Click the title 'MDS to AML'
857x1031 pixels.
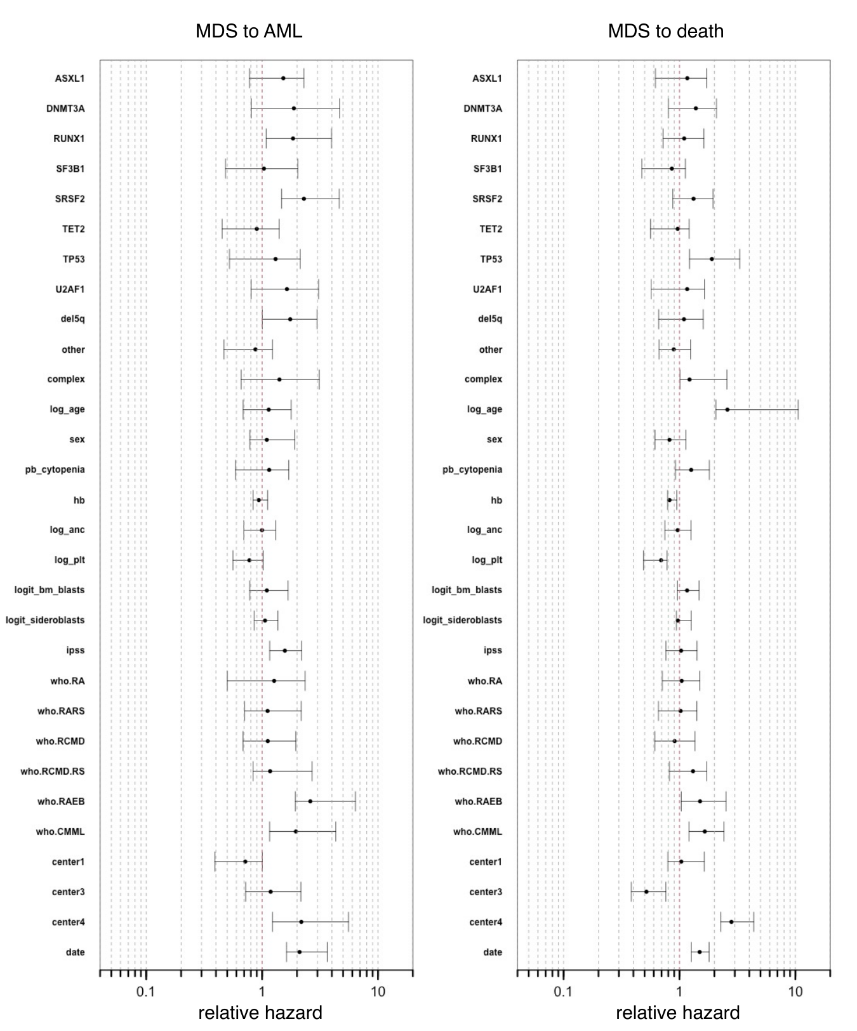[248, 31]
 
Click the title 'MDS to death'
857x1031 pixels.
[665, 31]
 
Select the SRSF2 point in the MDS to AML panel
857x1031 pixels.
[304, 199]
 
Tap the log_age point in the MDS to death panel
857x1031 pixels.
[727, 409]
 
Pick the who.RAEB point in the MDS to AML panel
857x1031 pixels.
[310, 801]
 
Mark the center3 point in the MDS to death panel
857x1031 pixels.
[646, 891]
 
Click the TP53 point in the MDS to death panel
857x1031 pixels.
[712, 259]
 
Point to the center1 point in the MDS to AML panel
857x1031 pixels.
[245, 862]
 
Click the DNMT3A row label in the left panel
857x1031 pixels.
[65, 108]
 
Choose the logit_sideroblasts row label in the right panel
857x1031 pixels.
[462, 620]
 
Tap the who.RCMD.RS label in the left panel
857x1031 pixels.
[53, 772]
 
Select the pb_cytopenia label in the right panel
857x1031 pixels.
[472, 470]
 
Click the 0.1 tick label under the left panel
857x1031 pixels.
[145, 992]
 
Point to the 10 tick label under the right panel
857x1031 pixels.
[795, 992]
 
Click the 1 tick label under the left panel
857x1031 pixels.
[262, 992]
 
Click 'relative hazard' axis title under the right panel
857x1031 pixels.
[677, 1013]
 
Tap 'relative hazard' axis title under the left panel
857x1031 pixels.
[260, 1013]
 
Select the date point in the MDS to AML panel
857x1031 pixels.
[300, 952]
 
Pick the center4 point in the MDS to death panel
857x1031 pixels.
[731, 922]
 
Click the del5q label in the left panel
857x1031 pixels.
[73, 318]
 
